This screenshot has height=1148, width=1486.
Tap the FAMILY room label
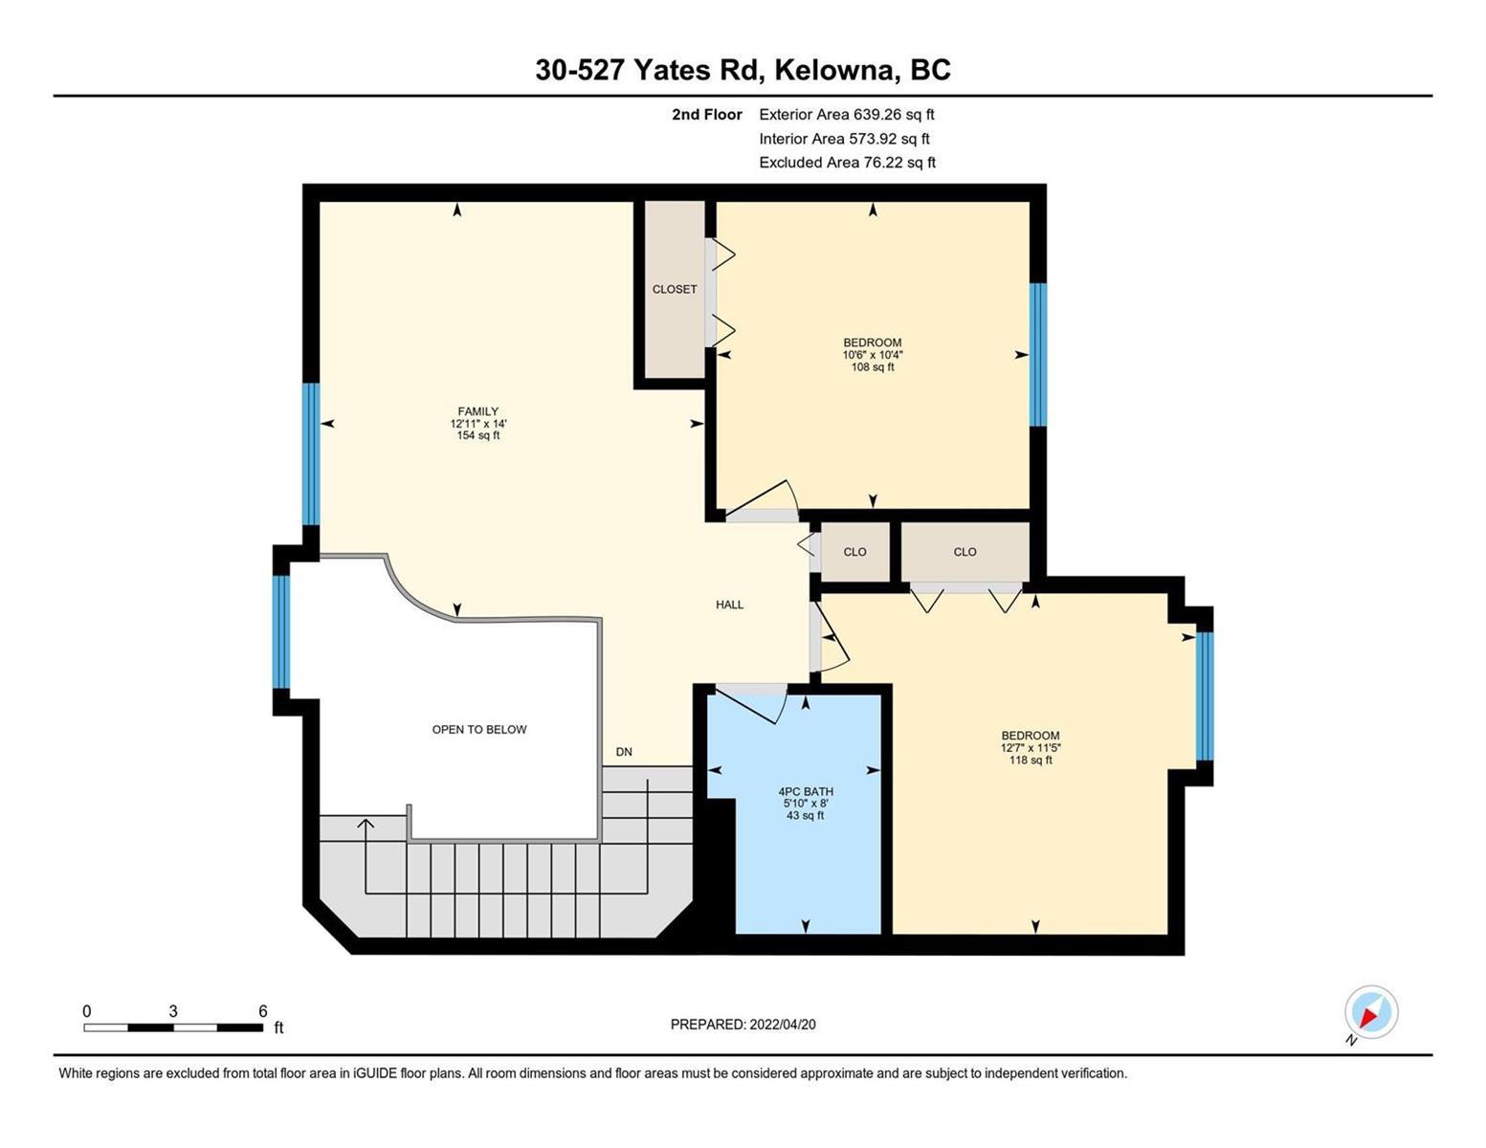click(x=478, y=411)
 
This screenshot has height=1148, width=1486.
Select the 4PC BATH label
click(x=806, y=792)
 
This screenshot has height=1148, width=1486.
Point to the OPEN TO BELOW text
click(x=479, y=730)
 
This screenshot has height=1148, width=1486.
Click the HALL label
click(x=730, y=605)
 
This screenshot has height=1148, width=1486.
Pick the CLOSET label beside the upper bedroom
click(x=675, y=289)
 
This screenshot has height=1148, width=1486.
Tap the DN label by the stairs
click(x=624, y=752)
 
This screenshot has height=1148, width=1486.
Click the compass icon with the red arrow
click(x=1370, y=1012)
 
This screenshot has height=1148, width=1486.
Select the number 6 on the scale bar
click(x=262, y=1010)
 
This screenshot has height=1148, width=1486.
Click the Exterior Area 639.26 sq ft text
click(x=847, y=115)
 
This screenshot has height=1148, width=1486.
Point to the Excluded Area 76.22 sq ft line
click(x=847, y=163)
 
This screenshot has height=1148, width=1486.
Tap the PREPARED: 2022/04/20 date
click(x=743, y=1025)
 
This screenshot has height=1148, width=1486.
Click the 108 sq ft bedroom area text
click(x=873, y=367)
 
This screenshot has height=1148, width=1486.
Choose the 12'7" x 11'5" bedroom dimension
click(x=1031, y=748)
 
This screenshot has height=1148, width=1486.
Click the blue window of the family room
click(x=311, y=454)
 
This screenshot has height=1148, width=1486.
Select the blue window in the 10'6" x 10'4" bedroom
click(x=1038, y=355)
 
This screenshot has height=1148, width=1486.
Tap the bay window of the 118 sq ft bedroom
click(x=1205, y=696)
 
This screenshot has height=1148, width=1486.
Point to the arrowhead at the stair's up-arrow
click(x=366, y=824)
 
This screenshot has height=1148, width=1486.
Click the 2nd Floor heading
click(x=706, y=115)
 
